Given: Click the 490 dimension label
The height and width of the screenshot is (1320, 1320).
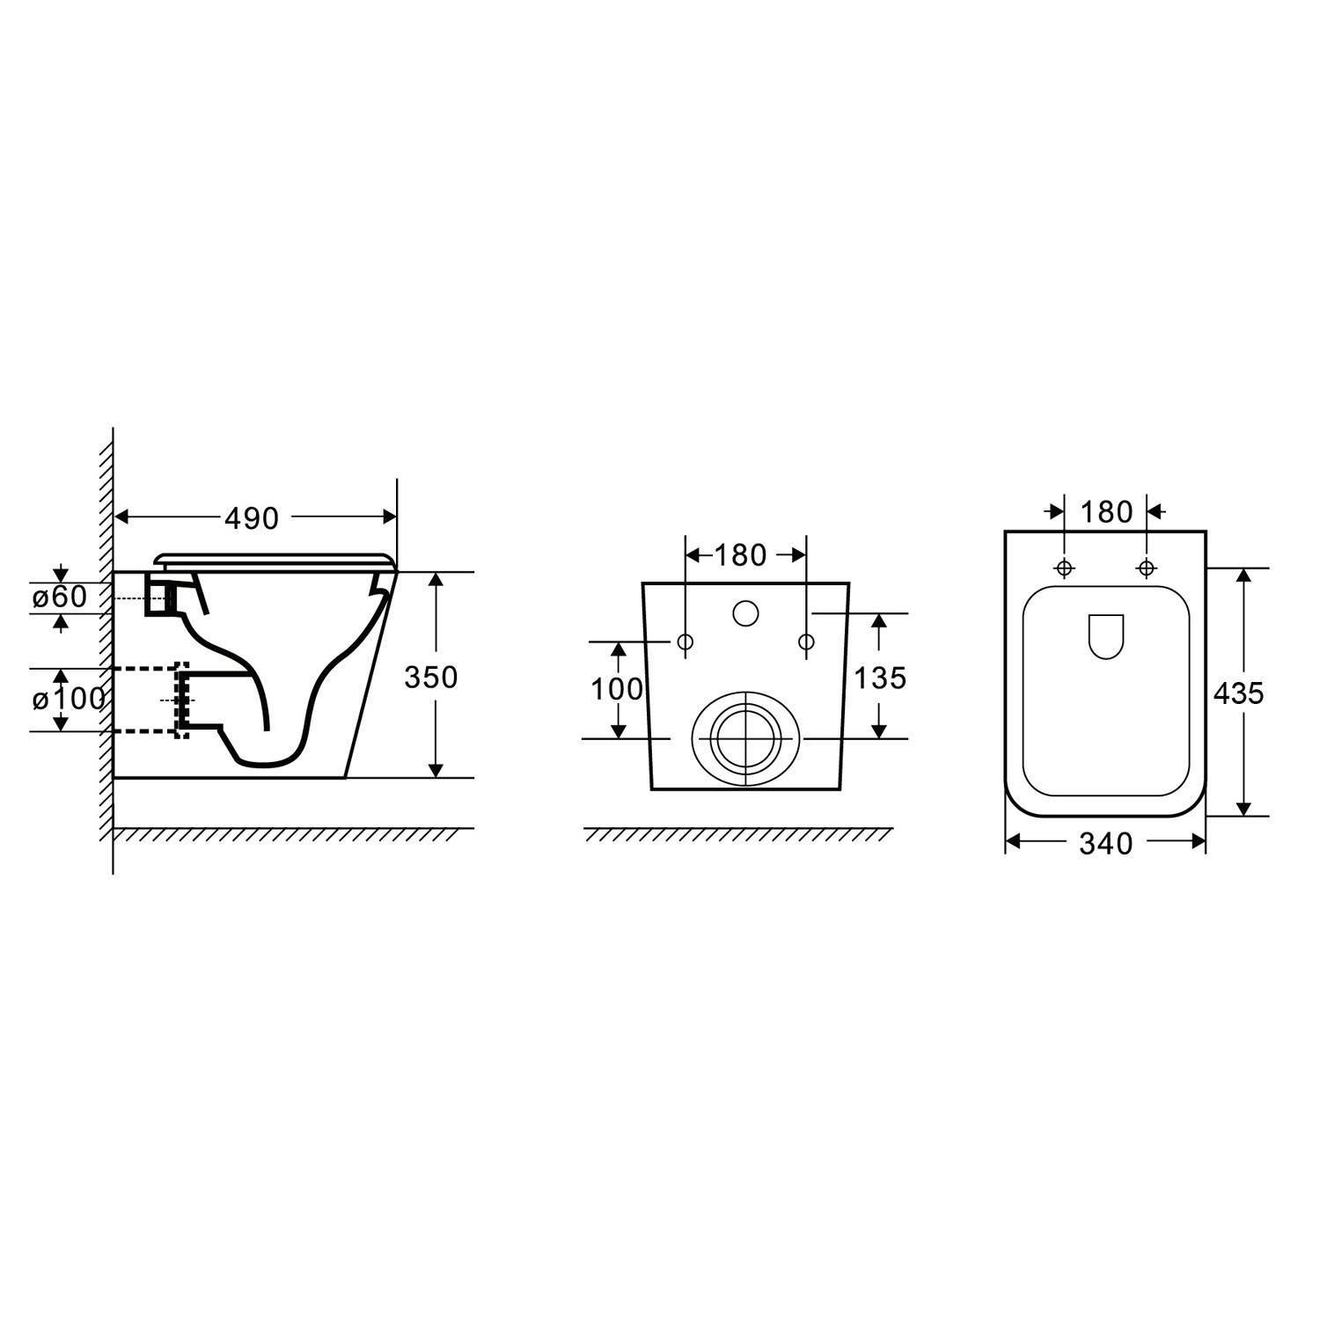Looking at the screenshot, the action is [252, 518].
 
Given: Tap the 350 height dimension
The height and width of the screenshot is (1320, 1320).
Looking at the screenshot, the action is [430, 677].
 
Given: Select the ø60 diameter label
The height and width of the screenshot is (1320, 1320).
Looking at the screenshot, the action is [60, 597].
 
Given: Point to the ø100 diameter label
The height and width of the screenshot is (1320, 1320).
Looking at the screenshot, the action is [69, 700].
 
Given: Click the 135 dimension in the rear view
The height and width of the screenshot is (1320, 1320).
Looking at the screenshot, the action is [880, 678].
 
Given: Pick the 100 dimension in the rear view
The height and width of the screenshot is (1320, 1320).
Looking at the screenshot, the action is [617, 689].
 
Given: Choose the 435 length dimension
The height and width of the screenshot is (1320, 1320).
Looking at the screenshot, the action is [1238, 693].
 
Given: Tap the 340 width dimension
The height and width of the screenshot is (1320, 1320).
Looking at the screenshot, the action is [1105, 844].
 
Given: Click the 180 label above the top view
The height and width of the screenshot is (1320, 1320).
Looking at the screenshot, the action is [1106, 511].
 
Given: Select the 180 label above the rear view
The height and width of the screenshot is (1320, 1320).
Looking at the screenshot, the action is [740, 555].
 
